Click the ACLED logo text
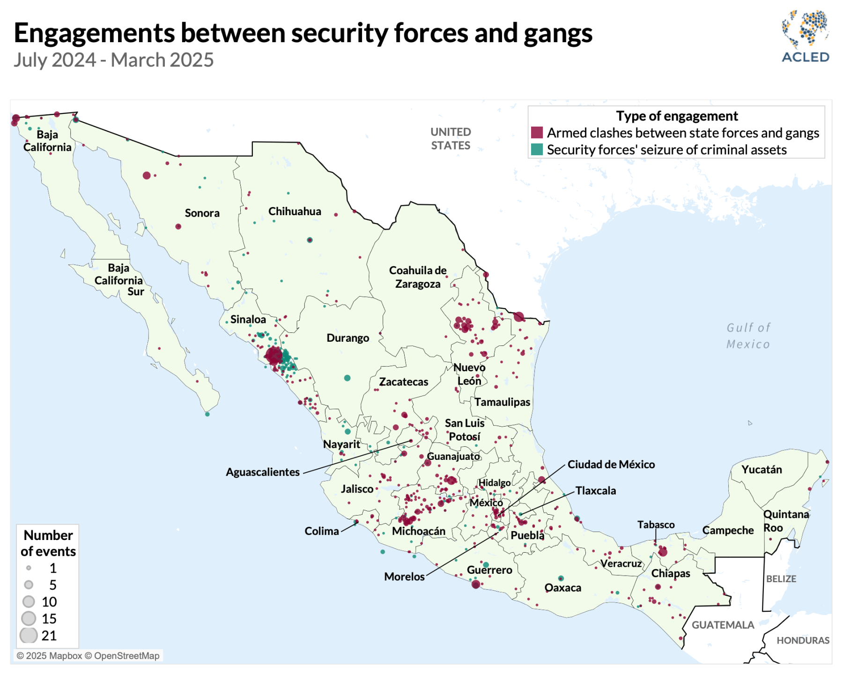click(805, 57)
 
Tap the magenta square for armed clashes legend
click(537, 133)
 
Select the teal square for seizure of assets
click(537, 150)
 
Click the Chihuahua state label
click(295, 211)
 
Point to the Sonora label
click(202, 213)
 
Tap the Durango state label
click(348, 338)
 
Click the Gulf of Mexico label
click(748, 336)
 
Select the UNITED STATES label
click(451, 139)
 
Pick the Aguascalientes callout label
click(262, 472)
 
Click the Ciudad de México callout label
click(611, 465)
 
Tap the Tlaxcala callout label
click(595, 491)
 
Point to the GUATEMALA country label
click(723, 625)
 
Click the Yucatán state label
click(761, 470)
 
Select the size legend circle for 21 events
click(29, 636)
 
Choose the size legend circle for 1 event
click(29, 568)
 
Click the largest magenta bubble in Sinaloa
click(274, 356)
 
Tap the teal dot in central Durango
click(347, 378)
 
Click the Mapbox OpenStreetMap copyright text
click(88, 656)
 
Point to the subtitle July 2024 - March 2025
click(113, 60)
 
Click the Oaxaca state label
click(562, 588)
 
